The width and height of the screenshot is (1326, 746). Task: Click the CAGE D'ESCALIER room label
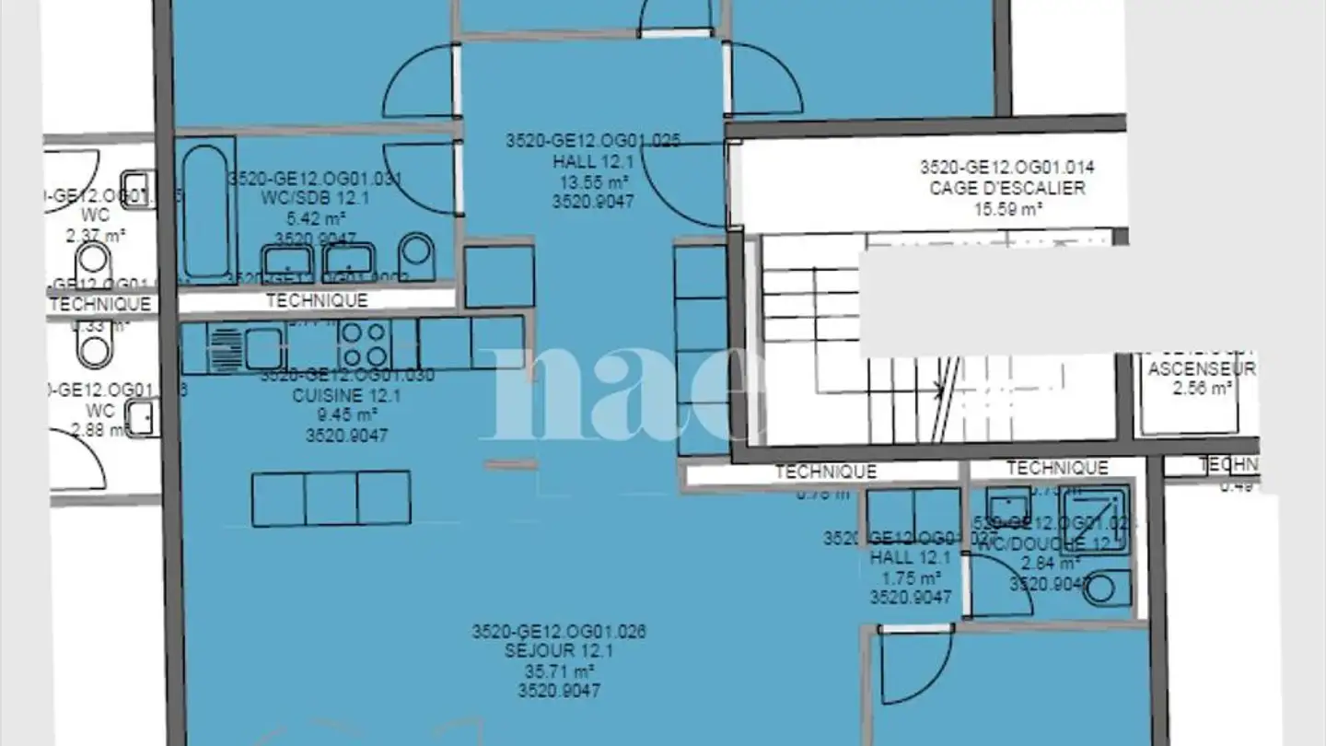coord(1006,188)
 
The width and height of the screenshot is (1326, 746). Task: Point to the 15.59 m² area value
coord(1006,209)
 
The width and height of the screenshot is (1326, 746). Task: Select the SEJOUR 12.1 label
coord(559,651)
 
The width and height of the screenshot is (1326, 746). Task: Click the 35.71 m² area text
coord(559,671)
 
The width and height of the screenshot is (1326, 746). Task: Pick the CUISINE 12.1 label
coord(347,396)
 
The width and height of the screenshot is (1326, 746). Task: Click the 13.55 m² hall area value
coord(592,181)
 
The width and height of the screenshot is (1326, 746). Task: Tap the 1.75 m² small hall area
coord(911,578)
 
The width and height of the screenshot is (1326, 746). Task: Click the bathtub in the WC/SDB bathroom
coord(204,212)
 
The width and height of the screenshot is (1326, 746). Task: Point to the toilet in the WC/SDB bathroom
coord(418,255)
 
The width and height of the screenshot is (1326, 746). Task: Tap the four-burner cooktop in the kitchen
coord(364,344)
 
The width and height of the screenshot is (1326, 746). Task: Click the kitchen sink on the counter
coord(262,348)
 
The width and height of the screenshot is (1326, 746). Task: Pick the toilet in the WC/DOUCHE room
coord(1106,588)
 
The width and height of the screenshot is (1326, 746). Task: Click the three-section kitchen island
coord(331,498)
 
